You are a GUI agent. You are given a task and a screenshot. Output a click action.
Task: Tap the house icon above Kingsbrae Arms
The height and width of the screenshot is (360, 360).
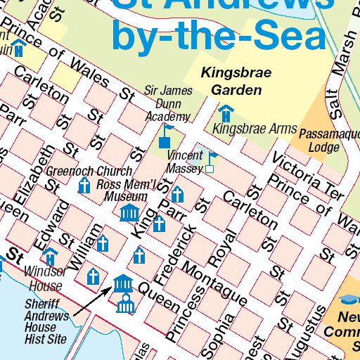click(x=226, y=112)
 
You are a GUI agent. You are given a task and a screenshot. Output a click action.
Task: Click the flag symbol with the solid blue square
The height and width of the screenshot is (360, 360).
click(x=166, y=137)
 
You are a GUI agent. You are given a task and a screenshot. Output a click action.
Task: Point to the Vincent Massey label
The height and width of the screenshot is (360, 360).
click(x=185, y=162)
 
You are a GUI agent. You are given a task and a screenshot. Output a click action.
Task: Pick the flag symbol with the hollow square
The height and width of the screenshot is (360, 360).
click(x=210, y=162)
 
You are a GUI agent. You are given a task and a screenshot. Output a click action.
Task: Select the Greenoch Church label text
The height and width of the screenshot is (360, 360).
click(x=89, y=171)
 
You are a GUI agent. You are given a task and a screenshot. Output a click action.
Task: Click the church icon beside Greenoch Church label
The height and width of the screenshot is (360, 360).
click(x=84, y=186)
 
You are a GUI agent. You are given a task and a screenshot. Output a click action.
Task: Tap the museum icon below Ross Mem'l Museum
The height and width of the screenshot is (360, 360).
click(x=130, y=212)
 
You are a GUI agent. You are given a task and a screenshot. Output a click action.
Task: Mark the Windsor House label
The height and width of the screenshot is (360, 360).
click(x=46, y=278)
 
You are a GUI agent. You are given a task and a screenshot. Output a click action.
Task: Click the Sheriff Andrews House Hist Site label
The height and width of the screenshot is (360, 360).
click(x=46, y=321)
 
